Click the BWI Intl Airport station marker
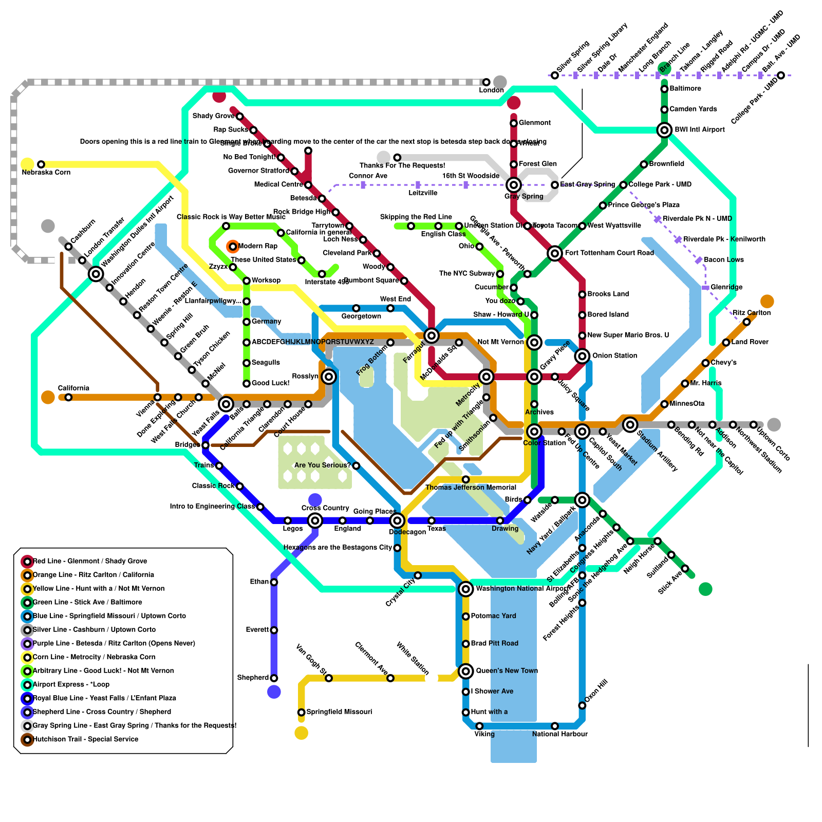664,130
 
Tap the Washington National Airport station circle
465,589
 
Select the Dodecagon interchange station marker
397,521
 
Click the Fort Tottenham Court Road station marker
554,253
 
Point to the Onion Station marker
582,356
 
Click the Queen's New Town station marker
465,671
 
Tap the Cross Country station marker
315,521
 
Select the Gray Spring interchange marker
513,185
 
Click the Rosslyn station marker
329,377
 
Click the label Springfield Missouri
339,712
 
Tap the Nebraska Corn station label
46,172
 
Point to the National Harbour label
559,734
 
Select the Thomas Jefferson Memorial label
471,488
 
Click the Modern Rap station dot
233,247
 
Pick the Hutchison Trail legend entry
85,739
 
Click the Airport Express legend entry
71,684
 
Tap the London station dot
486,82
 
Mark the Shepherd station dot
274,678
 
